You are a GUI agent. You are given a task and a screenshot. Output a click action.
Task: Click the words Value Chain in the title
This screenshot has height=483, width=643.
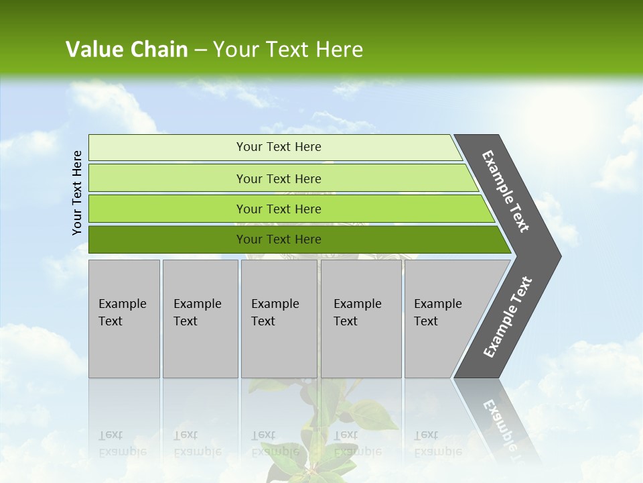coord(127,50)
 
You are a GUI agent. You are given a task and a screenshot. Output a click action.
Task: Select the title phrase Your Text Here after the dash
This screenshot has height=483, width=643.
coord(288,50)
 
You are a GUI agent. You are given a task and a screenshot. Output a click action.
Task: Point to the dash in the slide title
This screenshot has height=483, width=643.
coord(200,50)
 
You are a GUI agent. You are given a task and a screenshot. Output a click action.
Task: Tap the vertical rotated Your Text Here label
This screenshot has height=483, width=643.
coord(77,193)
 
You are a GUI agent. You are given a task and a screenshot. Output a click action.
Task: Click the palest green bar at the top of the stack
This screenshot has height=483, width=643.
coord(278,147)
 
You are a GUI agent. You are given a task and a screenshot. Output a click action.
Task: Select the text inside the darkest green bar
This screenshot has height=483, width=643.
coord(278,239)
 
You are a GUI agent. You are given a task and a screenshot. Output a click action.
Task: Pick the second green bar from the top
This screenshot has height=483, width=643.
coord(278,178)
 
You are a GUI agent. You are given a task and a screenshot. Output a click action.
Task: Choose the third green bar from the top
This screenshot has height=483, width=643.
coord(278,209)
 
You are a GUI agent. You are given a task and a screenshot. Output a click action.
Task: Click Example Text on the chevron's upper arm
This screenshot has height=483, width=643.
coord(506,191)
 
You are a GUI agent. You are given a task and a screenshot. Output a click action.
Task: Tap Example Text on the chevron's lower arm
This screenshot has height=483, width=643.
coord(507,317)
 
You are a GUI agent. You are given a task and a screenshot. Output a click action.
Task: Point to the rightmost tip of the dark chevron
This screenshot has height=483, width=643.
coord(559,256)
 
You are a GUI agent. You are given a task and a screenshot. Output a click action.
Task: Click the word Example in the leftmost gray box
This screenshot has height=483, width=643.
coord(122,304)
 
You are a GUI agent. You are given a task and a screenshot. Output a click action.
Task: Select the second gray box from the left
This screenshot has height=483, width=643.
coord(200,319)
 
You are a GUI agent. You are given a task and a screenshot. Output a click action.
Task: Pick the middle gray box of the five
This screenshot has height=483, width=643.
coord(279,319)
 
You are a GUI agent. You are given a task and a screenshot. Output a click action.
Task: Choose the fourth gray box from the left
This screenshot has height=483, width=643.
coord(361,319)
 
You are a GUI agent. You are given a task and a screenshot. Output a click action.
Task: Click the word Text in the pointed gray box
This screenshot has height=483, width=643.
coord(426,321)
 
